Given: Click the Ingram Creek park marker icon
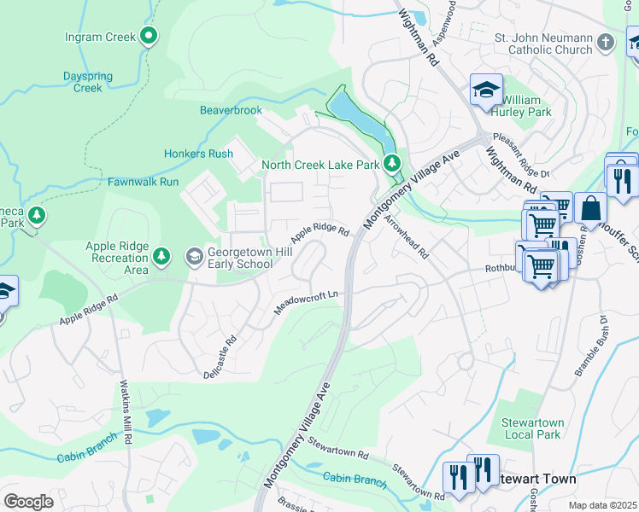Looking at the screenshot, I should tap(149, 36).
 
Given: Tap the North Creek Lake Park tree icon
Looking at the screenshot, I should tap(391, 161).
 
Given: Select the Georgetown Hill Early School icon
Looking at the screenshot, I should tap(194, 256).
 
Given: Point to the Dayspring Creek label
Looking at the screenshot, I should tap(87, 82).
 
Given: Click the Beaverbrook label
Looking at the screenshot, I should tap(231, 110).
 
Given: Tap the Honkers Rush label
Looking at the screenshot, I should tap(198, 154).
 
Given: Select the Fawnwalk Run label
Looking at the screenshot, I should tap(143, 182).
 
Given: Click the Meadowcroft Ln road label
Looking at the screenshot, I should tap(307, 302).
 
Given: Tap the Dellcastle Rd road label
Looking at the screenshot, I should tap(220, 362).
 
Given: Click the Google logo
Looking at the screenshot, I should tap(28, 501).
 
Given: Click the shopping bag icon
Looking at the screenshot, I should tap(590, 207).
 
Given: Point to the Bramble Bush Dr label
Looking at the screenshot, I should tap(590, 346).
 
